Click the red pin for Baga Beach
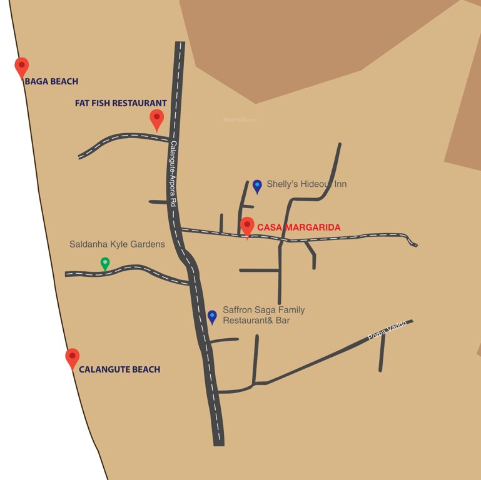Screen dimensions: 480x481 pyautogui.click(x=22, y=67)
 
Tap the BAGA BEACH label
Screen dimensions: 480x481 pyautogui.click(x=51, y=81)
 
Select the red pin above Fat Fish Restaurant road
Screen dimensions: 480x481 pyautogui.click(x=156, y=119)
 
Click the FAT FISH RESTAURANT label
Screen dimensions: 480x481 pyautogui.click(x=121, y=103)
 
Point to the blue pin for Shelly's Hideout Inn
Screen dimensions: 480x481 pyautogui.click(x=257, y=186)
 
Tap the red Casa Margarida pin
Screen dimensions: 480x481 pyautogui.click(x=247, y=227)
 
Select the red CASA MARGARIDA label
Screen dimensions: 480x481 pyautogui.click(x=299, y=227)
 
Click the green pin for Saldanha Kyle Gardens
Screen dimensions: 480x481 pyautogui.click(x=105, y=264)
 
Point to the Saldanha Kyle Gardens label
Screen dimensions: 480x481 pyautogui.click(x=117, y=244)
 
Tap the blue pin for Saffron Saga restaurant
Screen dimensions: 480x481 pyautogui.click(x=212, y=316)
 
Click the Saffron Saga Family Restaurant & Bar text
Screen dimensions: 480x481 pyautogui.click(x=263, y=315)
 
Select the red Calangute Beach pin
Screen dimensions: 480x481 pyautogui.click(x=73, y=357)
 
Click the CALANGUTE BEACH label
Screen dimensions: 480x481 pyautogui.click(x=119, y=369)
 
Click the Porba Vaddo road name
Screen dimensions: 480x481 pyautogui.click(x=387, y=329)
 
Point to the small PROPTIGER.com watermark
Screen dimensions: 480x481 pyautogui.click(x=240, y=119)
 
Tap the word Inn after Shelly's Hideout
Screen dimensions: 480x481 pyautogui.click(x=340, y=184)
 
